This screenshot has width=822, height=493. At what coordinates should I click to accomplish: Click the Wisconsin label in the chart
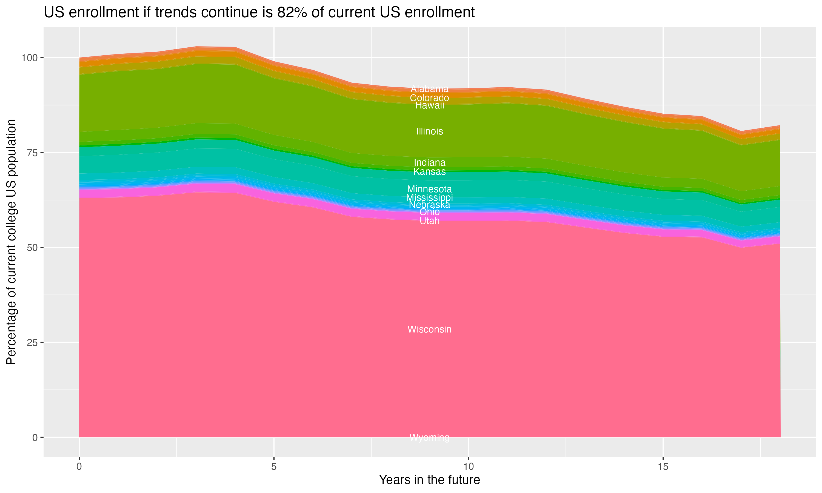pyautogui.click(x=429, y=329)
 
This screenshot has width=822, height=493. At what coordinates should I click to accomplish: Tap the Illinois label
pyautogui.click(x=429, y=131)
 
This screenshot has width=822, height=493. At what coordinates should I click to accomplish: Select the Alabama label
pyautogui.click(x=429, y=89)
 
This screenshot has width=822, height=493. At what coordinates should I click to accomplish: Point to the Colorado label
pyautogui.click(x=429, y=98)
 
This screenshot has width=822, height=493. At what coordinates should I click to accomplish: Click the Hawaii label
pyautogui.click(x=429, y=106)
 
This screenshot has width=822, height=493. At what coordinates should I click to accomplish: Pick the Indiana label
pyautogui.click(x=429, y=162)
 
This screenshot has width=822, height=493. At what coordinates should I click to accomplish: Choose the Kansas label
pyautogui.click(x=429, y=171)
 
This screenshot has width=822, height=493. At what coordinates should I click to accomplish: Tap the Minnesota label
pyautogui.click(x=429, y=189)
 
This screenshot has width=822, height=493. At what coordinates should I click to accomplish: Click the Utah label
pyautogui.click(x=429, y=221)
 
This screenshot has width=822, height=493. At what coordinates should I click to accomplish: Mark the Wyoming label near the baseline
pyautogui.click(x=429, y=437)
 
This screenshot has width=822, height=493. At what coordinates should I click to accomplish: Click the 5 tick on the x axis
pyautogui.click(x=274, y=467)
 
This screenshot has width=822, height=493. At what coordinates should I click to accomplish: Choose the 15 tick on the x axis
pyautogui.click(x=663, y=467)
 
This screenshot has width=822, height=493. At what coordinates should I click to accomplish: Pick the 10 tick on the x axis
pyautogui.click(x=468, y=467)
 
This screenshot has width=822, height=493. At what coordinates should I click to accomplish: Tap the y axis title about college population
pyautogui.click(x=11, y=242)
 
